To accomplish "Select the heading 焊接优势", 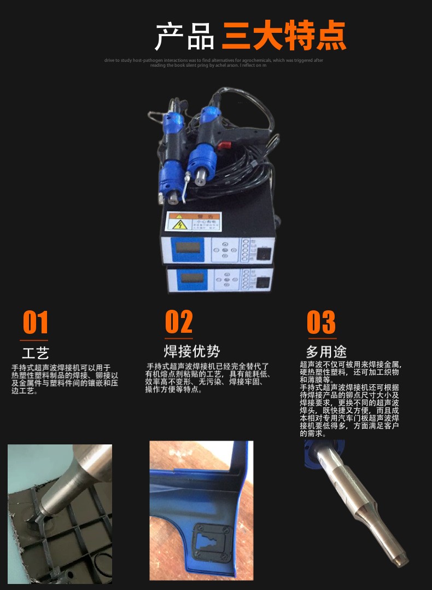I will (x=191, y=351).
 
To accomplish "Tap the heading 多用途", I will (x=326, y=351).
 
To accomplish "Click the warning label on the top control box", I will (x=193, y=223).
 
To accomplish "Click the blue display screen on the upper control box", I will (x=190, y=248).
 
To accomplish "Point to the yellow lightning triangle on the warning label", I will (x=180, y=224).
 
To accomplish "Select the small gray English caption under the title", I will (x=213, y=63).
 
